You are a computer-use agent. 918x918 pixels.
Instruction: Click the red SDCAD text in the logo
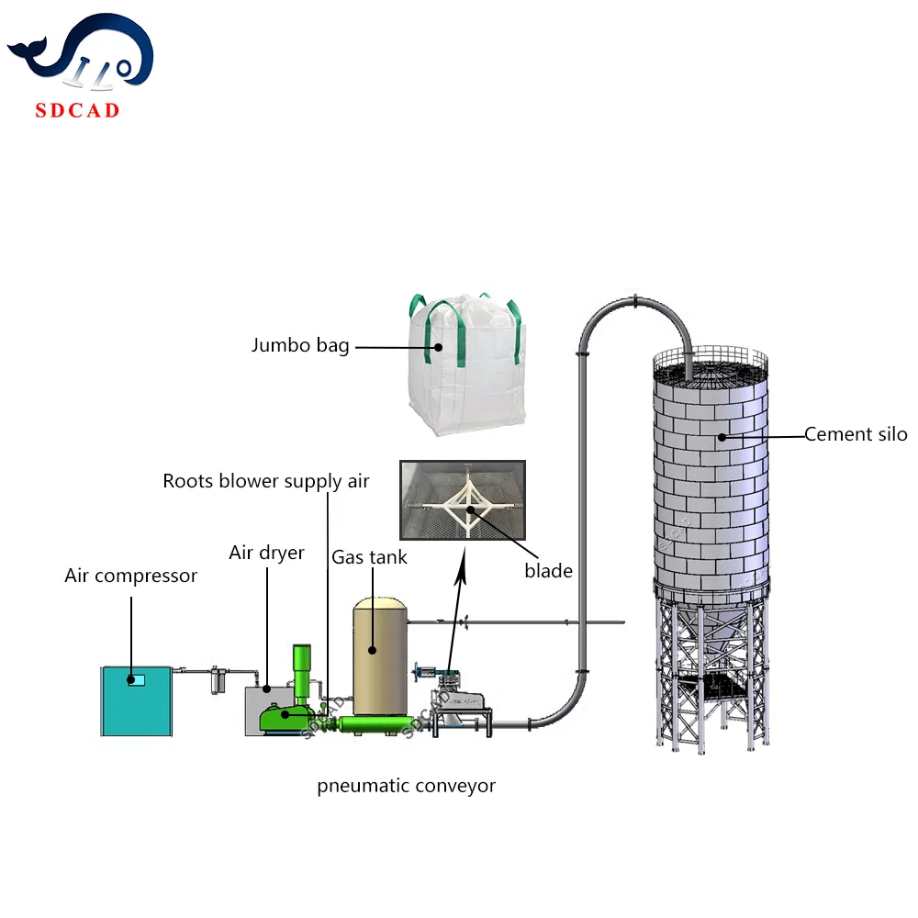(77, 111)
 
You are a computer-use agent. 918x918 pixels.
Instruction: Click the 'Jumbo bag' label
(300, 346)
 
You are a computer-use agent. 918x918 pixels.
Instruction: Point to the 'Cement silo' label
(856, 434)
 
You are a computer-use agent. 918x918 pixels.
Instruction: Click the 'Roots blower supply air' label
(266, 481)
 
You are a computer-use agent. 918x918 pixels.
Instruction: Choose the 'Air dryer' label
(266, 553)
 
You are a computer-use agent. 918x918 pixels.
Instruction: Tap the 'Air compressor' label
(130, 577)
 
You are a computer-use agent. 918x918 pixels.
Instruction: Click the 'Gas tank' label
(370, 557)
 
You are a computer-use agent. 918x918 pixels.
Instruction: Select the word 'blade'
(548, 571)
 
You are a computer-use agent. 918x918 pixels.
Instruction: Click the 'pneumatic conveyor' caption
(407, 786)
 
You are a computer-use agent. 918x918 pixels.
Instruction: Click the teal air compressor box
(136, 700)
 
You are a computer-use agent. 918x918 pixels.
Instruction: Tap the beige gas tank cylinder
(380, 656)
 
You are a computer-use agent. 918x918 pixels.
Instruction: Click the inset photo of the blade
(462, 499)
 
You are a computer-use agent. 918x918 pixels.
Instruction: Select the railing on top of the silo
(709, 364)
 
